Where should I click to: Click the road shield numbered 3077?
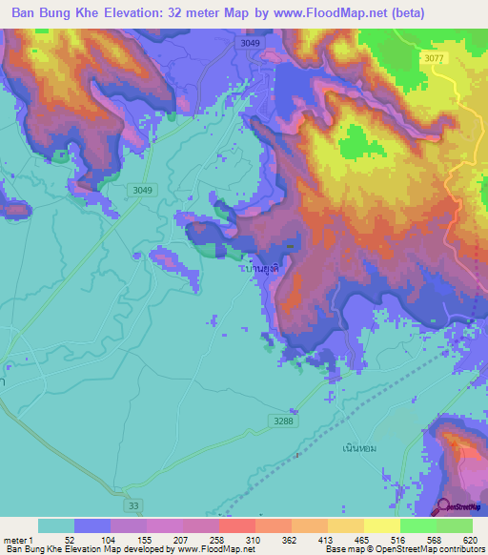434,58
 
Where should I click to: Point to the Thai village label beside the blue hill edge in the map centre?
260,270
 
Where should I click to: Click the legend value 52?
70,540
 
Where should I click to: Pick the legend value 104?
108,540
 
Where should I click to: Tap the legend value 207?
181,540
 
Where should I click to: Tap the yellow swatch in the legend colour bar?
381,525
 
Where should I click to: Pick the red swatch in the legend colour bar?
236,525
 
